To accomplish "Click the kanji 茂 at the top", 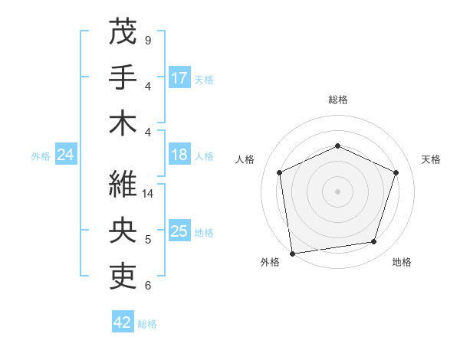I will click(x=123, y=32).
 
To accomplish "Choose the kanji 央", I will click(x=123, y=229).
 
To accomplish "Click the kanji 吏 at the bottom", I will click(x=123, y=274).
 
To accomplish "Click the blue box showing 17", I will click(x=179, y=77).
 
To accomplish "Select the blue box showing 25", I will click(x=179, y=231).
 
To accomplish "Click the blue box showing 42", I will click(x=123, y=322).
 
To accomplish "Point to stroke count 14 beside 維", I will click(x=149, y=194).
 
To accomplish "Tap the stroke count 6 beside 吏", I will click(x=148, y=286).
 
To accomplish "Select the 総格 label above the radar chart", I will click(x=338, y=100).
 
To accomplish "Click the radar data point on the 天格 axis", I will click(x=396, y=172).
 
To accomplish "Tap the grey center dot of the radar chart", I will click(x=338, y=191).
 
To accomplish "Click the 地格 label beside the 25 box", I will click(x=205, y=232).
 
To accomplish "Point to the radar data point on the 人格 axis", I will click(x=280, y=172).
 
